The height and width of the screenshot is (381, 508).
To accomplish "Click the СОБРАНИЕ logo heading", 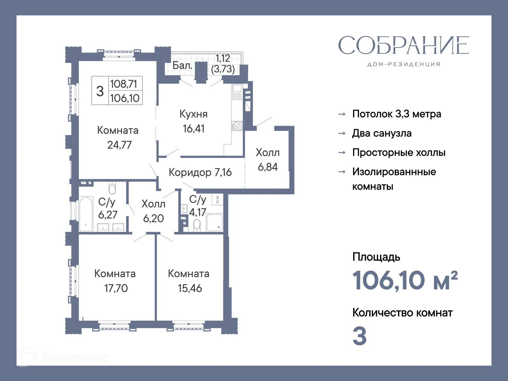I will click(x=403, y=46).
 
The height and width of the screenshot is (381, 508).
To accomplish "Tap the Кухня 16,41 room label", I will click(x=193, y=121).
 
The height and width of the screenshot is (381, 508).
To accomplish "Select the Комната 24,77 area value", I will click(x=119, y=145).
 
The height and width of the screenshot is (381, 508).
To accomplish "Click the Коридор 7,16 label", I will click(x=200, y=172).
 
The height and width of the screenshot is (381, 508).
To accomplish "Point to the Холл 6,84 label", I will click(x=267, y=160).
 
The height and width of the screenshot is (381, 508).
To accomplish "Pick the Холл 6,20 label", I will click(x=153, y=211).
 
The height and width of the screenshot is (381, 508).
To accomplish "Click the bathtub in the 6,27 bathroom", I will click(x=86, y=214).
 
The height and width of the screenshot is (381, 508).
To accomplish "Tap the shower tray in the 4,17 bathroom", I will click(x=214, y=223).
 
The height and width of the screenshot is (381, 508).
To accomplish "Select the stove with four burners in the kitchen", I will click(x=237, y=126).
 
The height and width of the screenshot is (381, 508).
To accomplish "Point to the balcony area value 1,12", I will click(x=223, y=58).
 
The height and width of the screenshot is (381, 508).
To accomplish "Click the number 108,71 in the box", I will click(x=124, y=84).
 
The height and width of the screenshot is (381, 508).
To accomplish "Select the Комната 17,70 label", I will click(x=115, y=281).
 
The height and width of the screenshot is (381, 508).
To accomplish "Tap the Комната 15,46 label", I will click(x=189, y=281).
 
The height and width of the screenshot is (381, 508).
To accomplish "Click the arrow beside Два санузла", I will click(x=342, y=133).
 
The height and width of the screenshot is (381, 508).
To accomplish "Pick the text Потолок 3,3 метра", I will click(x=396, y=114).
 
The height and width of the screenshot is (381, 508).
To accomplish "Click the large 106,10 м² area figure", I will click(x=405, y=280).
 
